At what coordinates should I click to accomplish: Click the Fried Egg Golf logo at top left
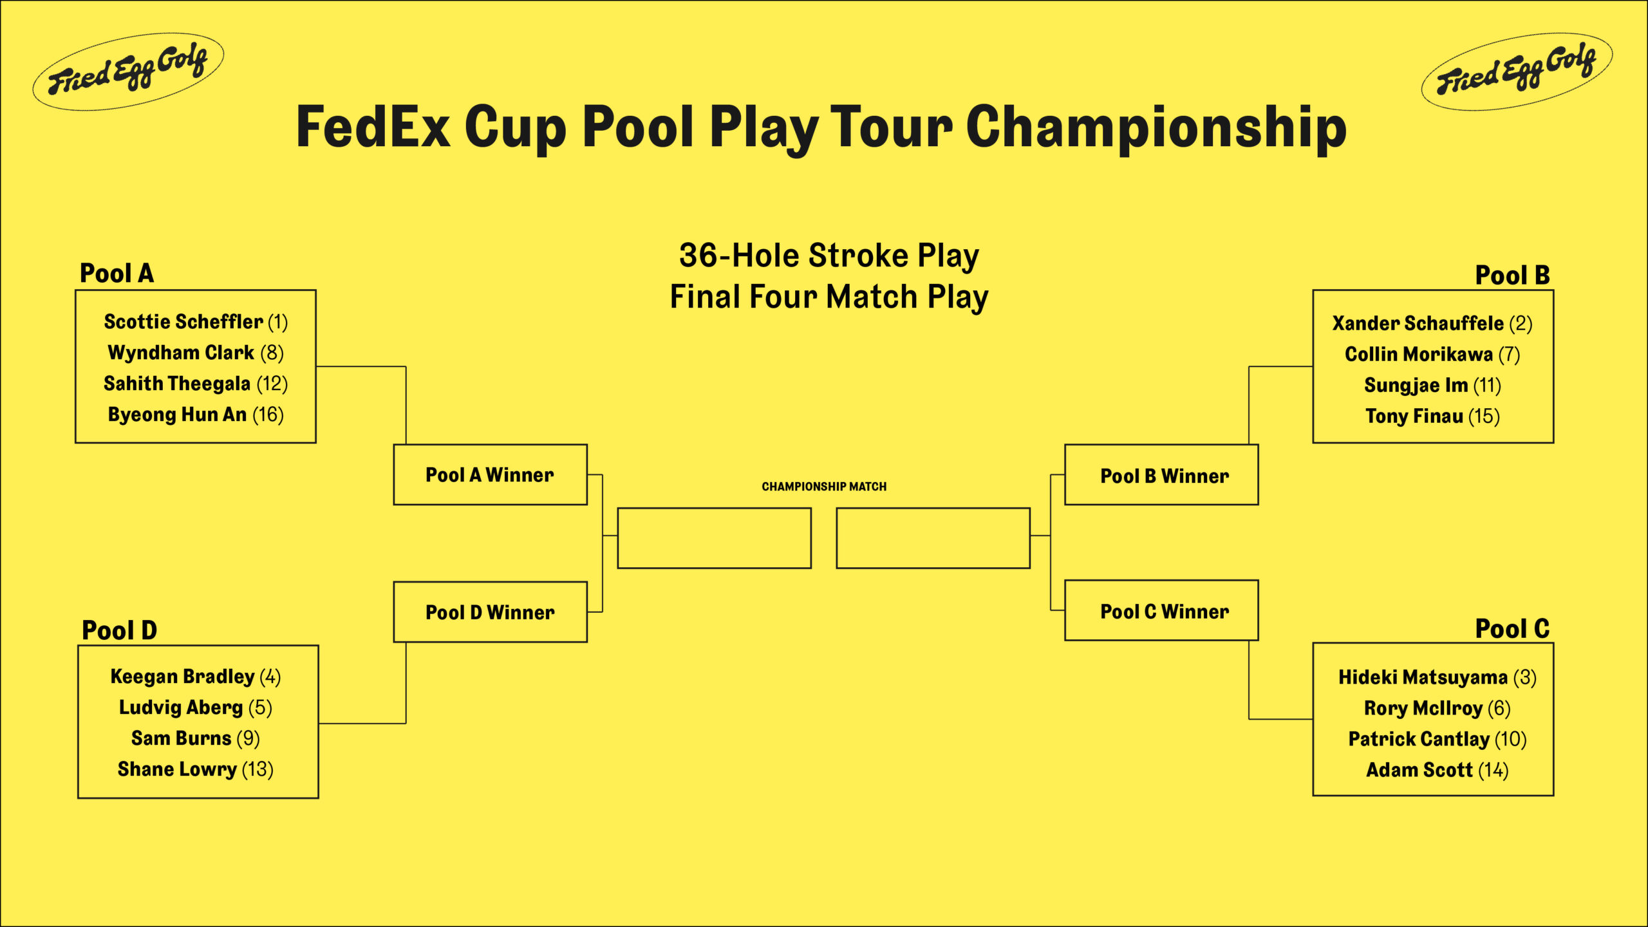click(x=128, y=71)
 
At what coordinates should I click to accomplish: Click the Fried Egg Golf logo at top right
click(x=1516, y=71)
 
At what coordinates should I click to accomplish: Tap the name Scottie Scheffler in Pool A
click(x=183, y=321)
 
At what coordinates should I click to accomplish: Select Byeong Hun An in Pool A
click(x=177, y=415)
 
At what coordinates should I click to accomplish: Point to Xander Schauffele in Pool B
click(x=1418, y=323)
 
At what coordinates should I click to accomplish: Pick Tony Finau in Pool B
click(x=1414, y=417)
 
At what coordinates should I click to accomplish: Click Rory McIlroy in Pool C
click(x=1423, y=708)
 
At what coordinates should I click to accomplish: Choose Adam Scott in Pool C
click(x=1419, y=770)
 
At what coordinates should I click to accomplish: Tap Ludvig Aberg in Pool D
click(x=181, y=707)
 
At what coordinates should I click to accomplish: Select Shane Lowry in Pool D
click(x=177, y=769)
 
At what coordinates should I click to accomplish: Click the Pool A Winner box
click(x=490, y=475)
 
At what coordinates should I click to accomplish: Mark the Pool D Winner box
click(x=490, y=612)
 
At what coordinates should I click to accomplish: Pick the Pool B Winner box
click(x=1161, y=475)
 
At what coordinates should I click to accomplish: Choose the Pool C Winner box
click(x=1161, y=611)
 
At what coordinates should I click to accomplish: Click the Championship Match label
click(x=824, y=487)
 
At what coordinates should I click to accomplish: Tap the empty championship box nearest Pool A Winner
click(x=714, y=538)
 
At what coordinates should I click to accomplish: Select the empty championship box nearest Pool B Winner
click(x=933, y=538)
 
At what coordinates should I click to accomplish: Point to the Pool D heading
click(x=119, y=630)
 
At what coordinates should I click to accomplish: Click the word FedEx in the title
click(x=373, y=127)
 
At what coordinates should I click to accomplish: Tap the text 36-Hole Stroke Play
click(x=829, y=256)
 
